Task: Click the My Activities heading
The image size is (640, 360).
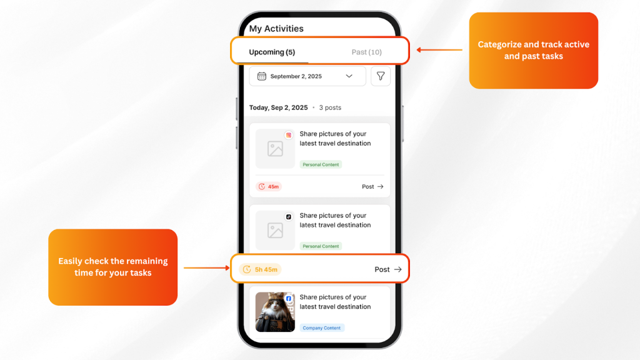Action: tap(276, 29)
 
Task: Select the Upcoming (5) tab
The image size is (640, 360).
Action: tap(272, 52)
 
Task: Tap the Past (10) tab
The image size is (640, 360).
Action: tap(366, 52)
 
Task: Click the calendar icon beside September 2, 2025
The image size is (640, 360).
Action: tap(262, 76)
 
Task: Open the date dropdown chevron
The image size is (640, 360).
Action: tap(349, 76)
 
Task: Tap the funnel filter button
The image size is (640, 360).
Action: tap(381, 76)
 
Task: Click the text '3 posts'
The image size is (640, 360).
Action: tap(330, 107)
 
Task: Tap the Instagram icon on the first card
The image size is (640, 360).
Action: tap(289, 135)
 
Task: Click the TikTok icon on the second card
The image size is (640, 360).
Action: tap(289, 217)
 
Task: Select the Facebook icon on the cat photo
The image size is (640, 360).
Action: tap(289, 298)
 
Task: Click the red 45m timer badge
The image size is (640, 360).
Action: tap(269, 186)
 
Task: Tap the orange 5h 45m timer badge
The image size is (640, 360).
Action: tap(260, 269)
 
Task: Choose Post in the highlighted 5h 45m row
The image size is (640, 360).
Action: tap(388, 269)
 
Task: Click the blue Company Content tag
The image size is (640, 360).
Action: tap(322, 327)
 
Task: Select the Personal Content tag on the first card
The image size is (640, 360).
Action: tap(321, 164)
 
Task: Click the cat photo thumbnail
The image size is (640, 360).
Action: tap(275, 312)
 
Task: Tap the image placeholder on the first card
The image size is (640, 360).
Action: tap(275, 149)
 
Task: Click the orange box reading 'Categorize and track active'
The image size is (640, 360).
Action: tap(534, 51)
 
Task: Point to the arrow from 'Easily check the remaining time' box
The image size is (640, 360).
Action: tap(206, 267)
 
